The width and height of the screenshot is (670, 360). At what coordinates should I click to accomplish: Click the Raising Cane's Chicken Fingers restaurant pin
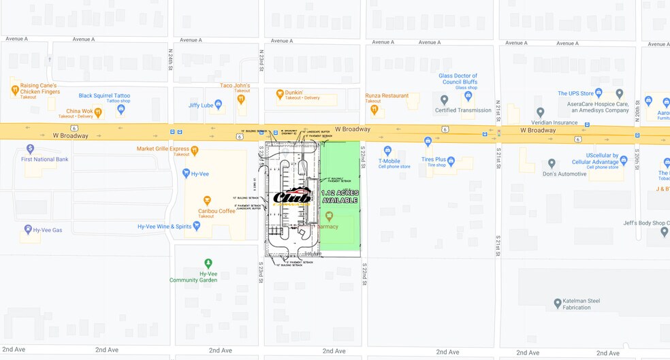coord(14,89)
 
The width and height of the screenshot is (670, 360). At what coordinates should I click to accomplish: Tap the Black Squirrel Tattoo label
coord(104,96)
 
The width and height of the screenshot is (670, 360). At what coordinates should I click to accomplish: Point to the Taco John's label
coord(235,86)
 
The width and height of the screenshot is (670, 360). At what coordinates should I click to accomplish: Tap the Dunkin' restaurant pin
coord(279,94)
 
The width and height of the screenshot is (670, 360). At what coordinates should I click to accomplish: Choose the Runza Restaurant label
coord(387,96)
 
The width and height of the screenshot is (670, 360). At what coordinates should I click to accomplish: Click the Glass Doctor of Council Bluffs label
coord(458,79)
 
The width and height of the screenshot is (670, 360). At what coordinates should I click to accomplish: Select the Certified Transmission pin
coord(443,101)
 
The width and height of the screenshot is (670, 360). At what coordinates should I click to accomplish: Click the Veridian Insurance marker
coord(540,112)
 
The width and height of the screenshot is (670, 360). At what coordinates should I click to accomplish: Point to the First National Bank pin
coord(30,148)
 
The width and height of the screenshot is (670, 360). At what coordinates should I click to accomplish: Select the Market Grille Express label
coord(163,148)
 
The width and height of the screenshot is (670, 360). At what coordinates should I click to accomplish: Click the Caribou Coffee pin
coord(208,201)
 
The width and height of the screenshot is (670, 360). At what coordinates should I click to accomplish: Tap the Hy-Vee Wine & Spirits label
coord(164,227)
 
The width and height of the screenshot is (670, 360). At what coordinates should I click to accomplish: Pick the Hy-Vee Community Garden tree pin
coord(208,263)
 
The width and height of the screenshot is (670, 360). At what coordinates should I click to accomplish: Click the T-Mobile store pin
coord(387,150)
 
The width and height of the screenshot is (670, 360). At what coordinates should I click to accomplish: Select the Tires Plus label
coord(433,159)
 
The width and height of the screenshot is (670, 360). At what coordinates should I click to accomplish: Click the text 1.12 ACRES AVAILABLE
coord(340,197)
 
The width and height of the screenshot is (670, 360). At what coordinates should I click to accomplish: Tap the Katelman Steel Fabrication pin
coord(557,301)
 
